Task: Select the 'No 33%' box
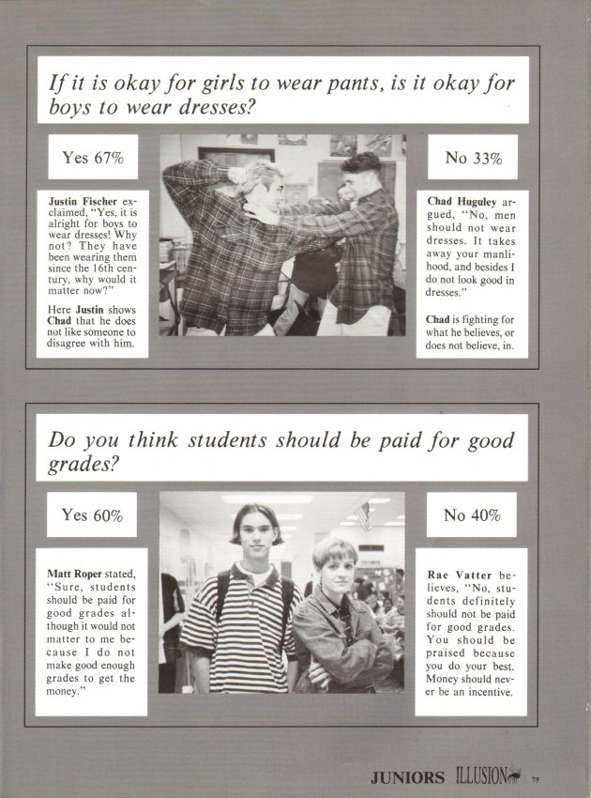pyautogui.click(x=474, y=158)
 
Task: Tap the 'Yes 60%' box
pyautogui.click(x=93, y=514)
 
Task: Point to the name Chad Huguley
pyautogui.click(x=460, y=201)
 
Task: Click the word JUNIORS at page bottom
pyautogui.click(x=406, y=777)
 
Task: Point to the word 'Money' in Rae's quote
pyautogui.click(x=447, y=679)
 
